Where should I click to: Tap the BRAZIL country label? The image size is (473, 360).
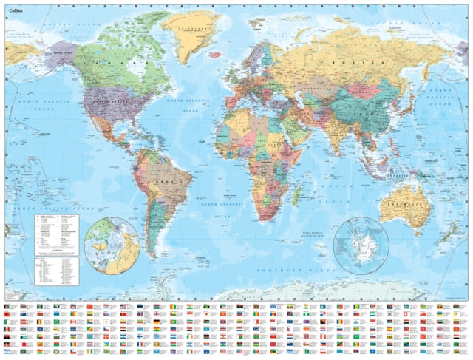coord(174,180)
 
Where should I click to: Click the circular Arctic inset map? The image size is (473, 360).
coord(112,243)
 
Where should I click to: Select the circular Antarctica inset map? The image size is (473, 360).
coord(361,243)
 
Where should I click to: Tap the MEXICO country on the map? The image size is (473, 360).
coord(111,129)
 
